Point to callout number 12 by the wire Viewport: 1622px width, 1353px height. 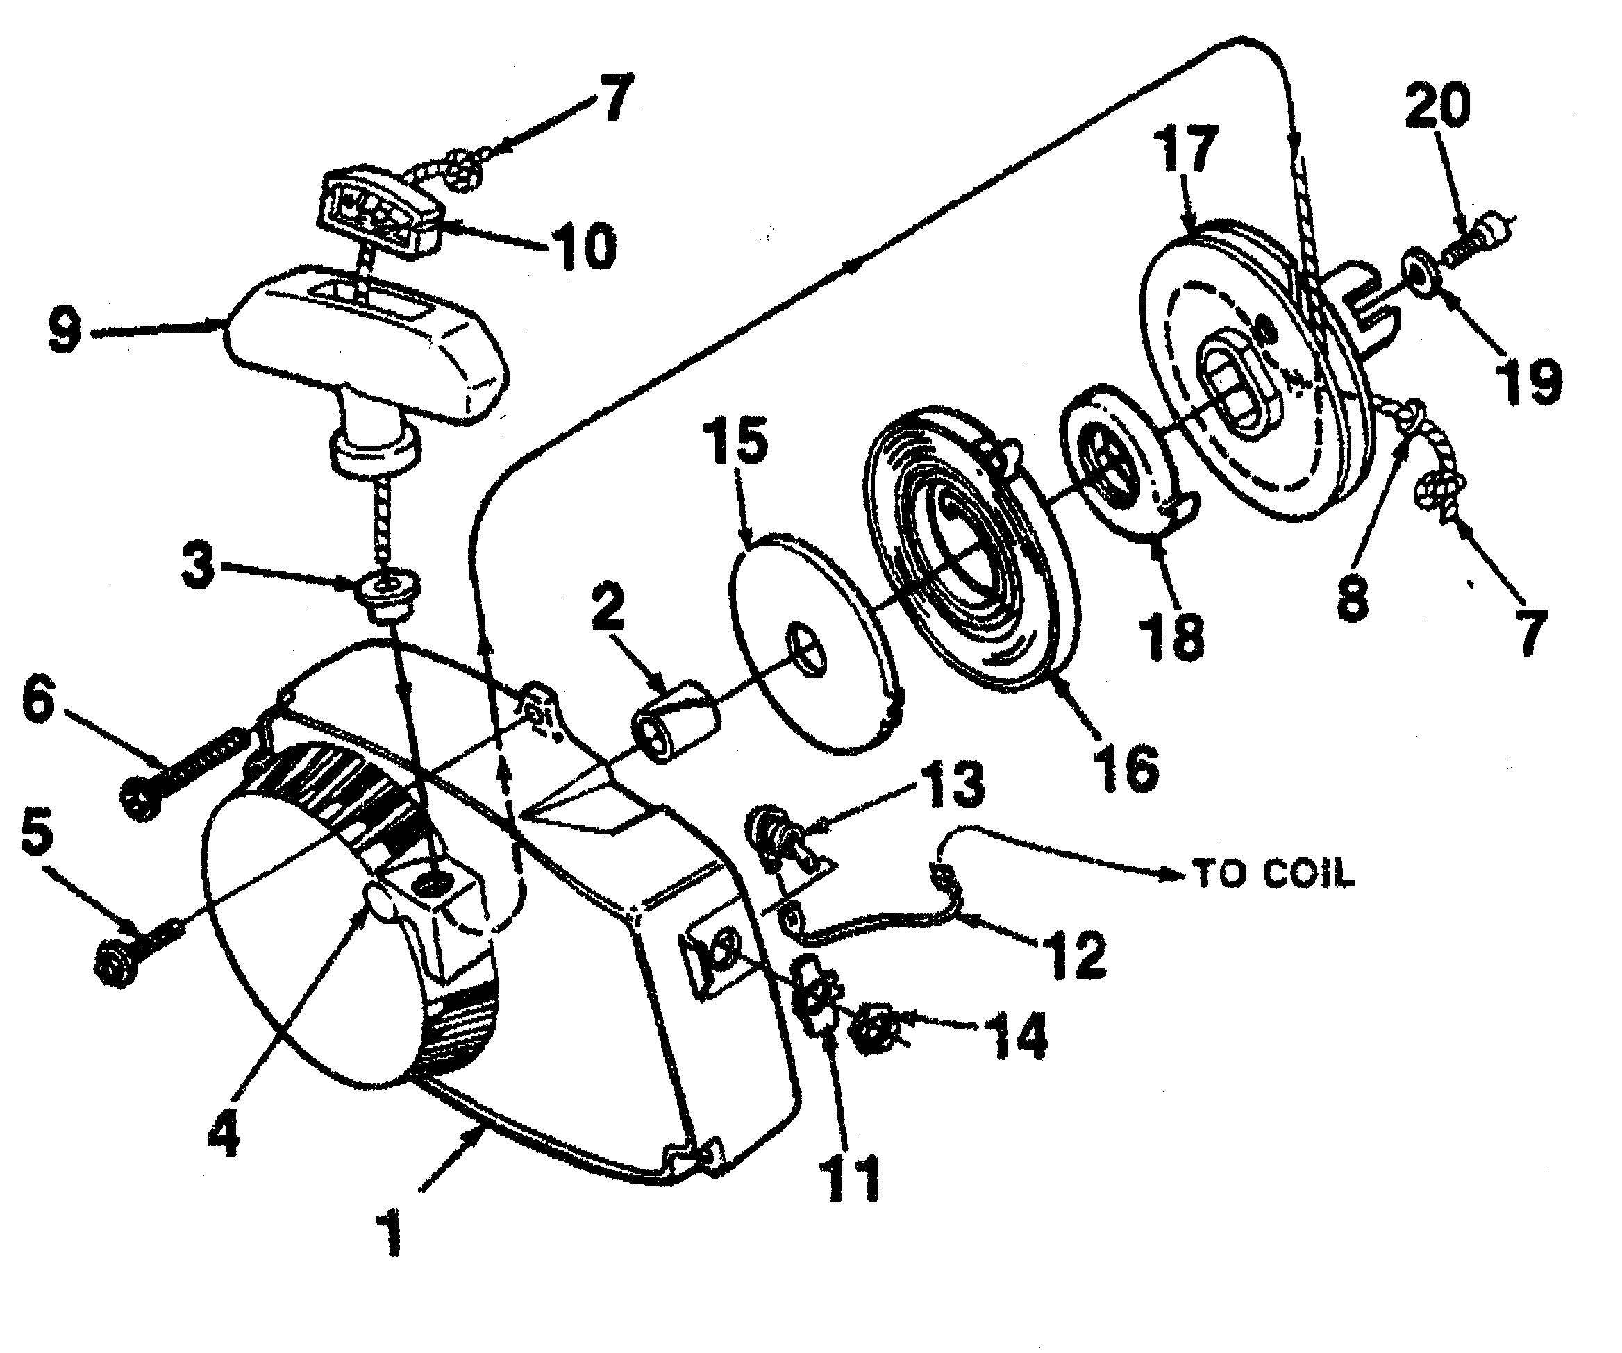1078,955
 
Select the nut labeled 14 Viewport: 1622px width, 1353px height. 875,1030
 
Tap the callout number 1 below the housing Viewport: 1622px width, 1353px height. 392,1235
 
